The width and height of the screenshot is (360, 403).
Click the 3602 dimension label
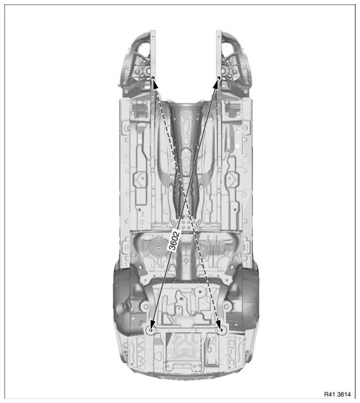click(174, 241)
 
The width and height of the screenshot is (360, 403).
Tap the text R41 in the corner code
click(329, 394)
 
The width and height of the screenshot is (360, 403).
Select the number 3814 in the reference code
click(344, 394)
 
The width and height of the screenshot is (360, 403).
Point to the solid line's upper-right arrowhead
click(216, 84)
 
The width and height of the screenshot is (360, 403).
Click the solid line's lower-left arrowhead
click(153, 324)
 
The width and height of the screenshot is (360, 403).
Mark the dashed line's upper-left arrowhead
click(156, 84)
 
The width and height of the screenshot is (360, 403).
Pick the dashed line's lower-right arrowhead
click(218, 324)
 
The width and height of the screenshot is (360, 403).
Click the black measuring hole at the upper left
click(153, 78)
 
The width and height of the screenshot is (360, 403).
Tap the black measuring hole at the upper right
click(219, 78)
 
